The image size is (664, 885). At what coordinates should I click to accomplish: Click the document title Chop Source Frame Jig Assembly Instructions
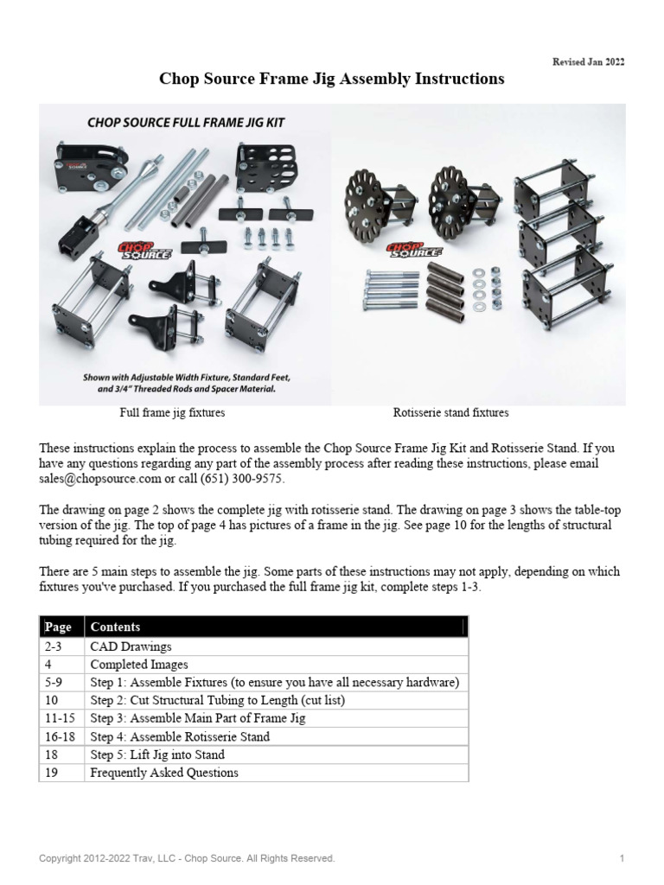pyautogui.click(x=331, y=80)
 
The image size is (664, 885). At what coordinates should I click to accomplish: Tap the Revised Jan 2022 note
pyautogui.click(x=588, y=62)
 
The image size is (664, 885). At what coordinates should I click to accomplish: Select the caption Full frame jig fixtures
pyautogui.click(x=172, y=413)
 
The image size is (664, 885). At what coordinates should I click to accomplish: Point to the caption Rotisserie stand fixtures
pyautogui.click(x=450, y=413)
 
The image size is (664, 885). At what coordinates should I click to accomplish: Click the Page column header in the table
pyautogui.click(x=61, y=627)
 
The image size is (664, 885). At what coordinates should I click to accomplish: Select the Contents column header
pyautogui.click(x=115, y=627)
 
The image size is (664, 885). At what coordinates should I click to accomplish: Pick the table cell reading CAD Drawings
pyautogui.click(x=131, y=646)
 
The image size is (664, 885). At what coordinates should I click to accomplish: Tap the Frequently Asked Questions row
pyautogui.click(x=164, y=773)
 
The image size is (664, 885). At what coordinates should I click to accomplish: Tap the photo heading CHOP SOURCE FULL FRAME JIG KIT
pyautogui.click(x=185, y=124)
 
